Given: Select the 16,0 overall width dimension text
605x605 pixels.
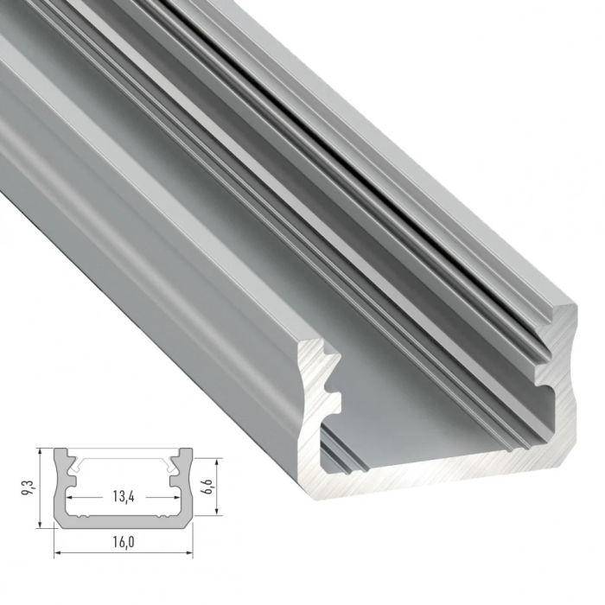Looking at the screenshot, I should [124, 542].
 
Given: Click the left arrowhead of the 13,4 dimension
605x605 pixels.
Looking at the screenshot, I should [71, 500].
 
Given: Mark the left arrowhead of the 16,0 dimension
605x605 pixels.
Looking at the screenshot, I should [58, 551].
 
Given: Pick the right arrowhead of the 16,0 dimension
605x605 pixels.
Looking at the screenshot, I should [188, 551].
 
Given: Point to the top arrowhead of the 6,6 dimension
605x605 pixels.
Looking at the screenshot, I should [206, 460].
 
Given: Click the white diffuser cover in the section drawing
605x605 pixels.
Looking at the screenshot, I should [124, 453].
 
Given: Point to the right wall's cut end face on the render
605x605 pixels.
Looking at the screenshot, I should [560, 380].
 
